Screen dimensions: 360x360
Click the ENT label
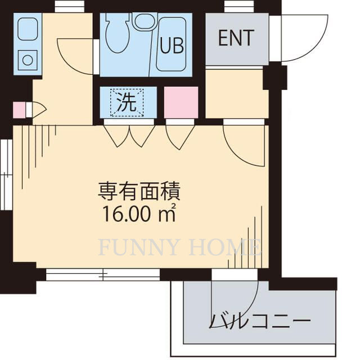(236, 38)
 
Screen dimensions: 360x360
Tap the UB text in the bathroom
(172, 46)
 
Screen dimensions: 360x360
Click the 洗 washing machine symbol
(127, 102)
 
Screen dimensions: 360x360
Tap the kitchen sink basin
(26, 29)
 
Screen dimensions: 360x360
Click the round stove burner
(26, 57)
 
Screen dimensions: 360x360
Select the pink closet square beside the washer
(181, 102)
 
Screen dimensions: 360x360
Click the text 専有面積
(139, 193)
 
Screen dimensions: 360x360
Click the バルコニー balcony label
(260, 322)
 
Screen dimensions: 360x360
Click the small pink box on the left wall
(19, 110)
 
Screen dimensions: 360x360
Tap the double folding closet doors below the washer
(129, 135)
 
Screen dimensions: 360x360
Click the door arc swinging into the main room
(245, 145)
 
